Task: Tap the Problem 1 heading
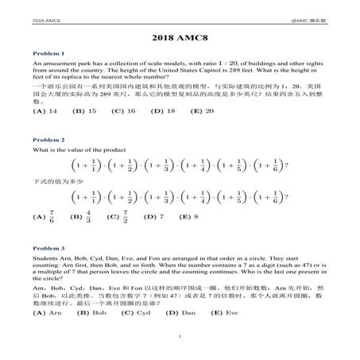[47, 53]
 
